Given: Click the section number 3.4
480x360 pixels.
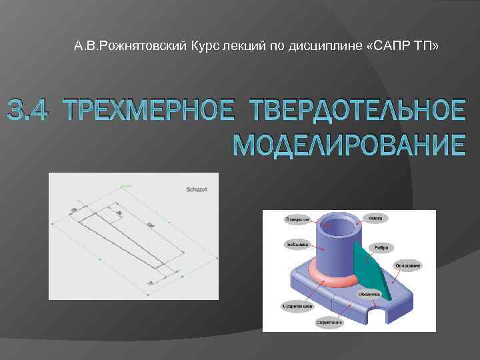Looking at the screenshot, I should pyautogui.click(x=25, y=111).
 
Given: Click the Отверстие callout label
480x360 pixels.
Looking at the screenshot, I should pyautogui.click(x=297, y=219).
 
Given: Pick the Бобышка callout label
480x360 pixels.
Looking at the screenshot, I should pyautogui.click(x=296, y=244).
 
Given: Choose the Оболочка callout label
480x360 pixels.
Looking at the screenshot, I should pyautogui.click(x=369, y=293).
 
